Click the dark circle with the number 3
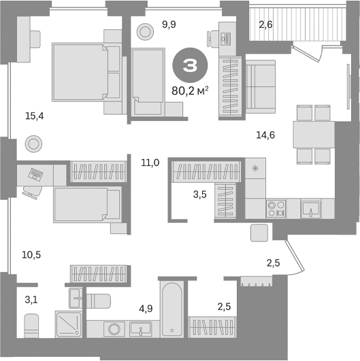click(x=191, y=67)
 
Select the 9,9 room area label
click(x=169, y=26)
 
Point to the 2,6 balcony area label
click(x=265, y=25)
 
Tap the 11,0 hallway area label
click(x=150, y=162)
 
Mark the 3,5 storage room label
click(x=199, y=194)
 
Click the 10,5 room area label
click(x=31, y=255)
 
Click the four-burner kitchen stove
click(x=276, y=207)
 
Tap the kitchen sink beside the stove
click(x=312, y=207)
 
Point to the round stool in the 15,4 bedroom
click(x=33, y=144)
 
